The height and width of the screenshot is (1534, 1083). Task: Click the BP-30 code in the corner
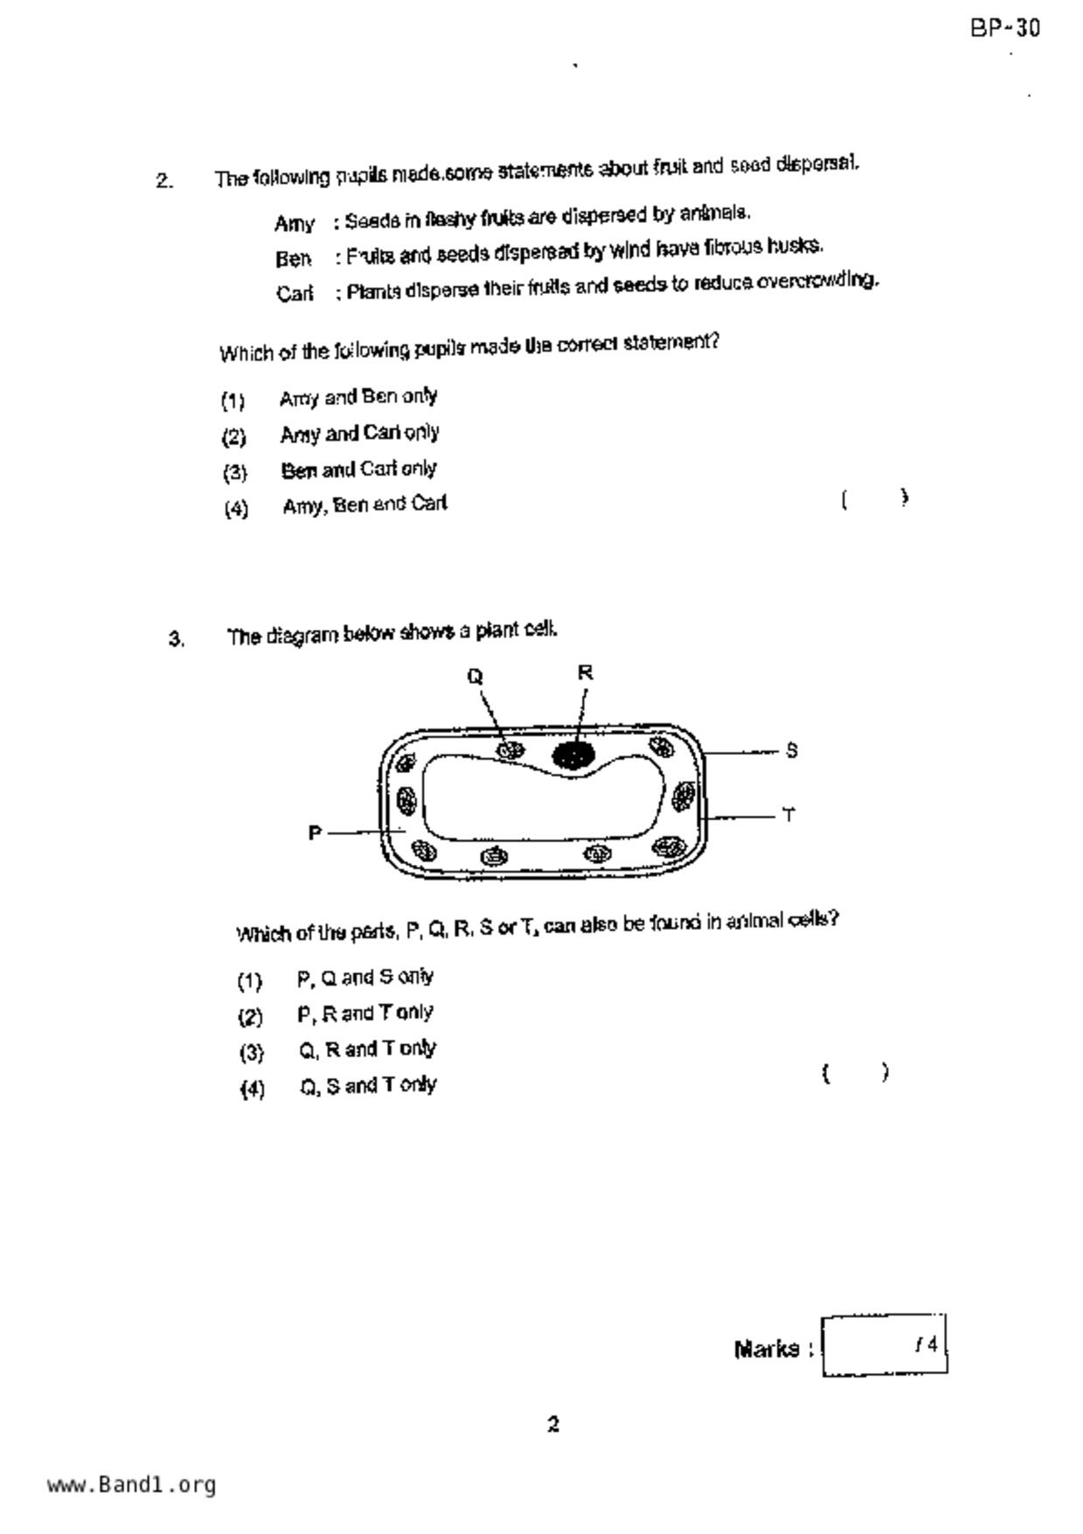tap(1004, 29)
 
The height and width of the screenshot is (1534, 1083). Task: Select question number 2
tap(164, 181)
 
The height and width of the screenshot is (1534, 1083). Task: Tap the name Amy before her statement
tap(294, 224)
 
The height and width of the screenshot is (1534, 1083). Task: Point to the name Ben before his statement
tap(293, 259)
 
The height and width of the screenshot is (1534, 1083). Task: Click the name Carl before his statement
tap(295, 293)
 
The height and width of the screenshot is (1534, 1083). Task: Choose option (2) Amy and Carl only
tap(359, 434)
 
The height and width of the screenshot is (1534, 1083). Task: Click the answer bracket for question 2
tap(875, 499)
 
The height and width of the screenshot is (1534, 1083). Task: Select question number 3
tap(177, 638)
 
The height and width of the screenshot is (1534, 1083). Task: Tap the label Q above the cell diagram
tap(475, 676)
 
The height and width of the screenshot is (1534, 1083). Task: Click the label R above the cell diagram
tap(585, 673)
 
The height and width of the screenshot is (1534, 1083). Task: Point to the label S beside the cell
tap(791, 750)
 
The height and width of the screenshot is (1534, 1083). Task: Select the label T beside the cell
tap(788, 815)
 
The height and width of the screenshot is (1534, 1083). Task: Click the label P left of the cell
tap(315, 833)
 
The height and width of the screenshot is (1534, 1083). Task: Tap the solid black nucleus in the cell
tap(573, 755)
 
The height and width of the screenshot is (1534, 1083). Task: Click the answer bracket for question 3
tap(856, 1072)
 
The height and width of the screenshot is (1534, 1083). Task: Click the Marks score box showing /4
tap(884, 1345)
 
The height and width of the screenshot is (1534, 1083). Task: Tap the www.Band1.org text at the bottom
tap(131, 1484)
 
